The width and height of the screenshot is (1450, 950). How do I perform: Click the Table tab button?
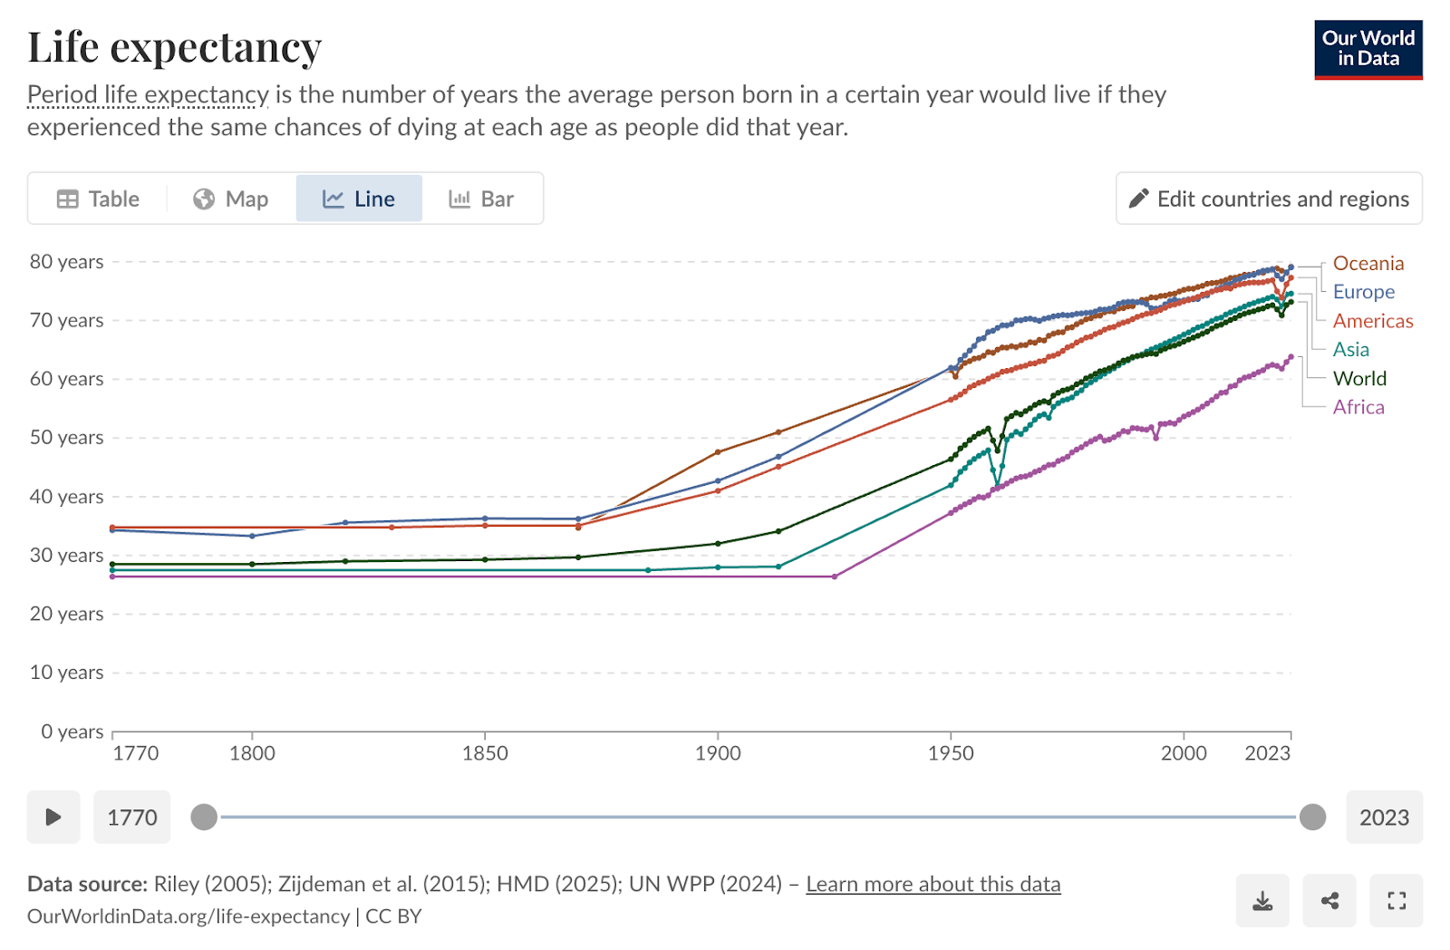click(98, 199)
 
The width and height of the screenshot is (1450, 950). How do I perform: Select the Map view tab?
click(231, 199)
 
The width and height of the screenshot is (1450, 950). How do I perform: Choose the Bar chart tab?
click(481, 199)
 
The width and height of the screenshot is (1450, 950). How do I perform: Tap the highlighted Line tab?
click(359, 199)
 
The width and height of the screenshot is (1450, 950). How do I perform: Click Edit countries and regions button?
click(1269, 199)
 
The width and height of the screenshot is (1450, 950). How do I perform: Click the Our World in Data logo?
click(1368, 49)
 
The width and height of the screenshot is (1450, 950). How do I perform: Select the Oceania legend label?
click(1368, 263)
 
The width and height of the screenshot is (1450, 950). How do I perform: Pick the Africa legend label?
click(1358, 407)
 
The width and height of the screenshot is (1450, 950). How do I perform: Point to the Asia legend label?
click(1350, 349)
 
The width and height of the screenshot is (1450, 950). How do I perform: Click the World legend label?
click(1359, 378)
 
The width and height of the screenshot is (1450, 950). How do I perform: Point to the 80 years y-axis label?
click(66, 261)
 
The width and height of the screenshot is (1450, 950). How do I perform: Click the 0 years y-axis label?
click(72, 732)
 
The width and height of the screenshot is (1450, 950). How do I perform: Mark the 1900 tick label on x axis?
click(718, 753)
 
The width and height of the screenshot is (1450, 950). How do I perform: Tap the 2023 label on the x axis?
click(1267, 753)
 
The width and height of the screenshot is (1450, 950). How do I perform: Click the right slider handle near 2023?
click(1312, 817)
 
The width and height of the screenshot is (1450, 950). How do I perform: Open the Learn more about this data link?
click(933, 884)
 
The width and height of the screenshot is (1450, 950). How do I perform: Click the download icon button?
click(1262, 900)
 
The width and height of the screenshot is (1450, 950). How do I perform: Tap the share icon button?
click(1329, 900)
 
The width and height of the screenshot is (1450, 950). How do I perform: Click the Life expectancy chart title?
click(175, 47)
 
